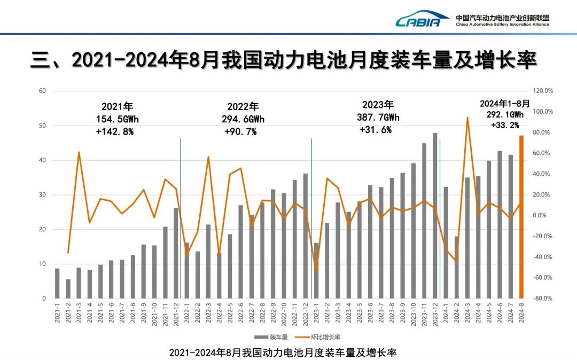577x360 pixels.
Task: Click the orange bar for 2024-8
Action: pos(521,216)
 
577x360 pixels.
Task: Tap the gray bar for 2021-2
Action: pos(68,288)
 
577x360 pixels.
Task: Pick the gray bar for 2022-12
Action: pos(306,236)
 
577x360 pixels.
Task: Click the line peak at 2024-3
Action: pos(467,118)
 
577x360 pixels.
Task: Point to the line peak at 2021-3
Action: pos(79,152)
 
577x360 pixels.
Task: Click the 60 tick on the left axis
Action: pos(42,91)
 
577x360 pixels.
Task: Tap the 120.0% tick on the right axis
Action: pos(543,91)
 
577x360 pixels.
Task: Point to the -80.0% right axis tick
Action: pos(543,299)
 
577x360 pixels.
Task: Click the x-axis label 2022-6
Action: pos(241,312)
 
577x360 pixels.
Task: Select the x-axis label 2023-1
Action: pos(316,312)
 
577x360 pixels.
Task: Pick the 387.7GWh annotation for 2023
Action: pos(378,117)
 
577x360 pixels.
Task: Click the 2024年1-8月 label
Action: pos(504,104)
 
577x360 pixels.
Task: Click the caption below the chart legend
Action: pos(283,353)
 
